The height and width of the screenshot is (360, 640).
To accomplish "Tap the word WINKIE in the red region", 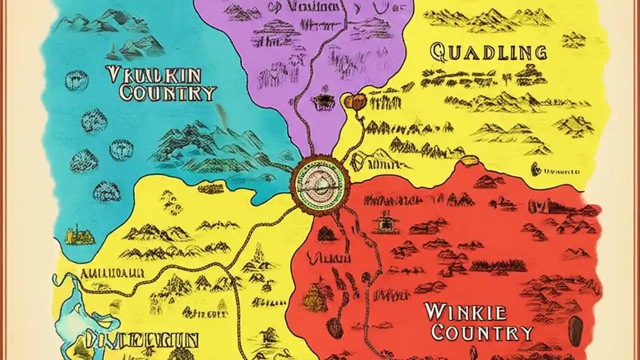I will point(465,311).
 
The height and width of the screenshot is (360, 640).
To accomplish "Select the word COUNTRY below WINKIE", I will point(482,332).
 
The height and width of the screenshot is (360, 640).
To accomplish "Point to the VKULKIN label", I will point(154,75).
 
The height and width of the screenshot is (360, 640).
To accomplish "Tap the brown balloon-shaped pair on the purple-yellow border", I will point(355,101).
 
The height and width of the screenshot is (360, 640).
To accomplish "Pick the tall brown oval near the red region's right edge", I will point(576,330).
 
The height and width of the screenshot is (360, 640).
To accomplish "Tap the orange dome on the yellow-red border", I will point(468,160).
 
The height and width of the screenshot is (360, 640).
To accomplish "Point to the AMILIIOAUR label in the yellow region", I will point(112,273).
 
